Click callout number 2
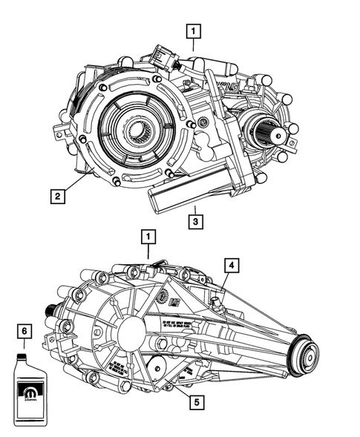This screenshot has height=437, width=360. pos(56,197)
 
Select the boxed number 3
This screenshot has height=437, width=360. pos(193,220)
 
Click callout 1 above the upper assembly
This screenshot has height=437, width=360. pos(193,31)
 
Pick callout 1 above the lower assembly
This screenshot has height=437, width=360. pos(148,237)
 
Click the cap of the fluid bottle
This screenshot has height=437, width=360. pos(25,355)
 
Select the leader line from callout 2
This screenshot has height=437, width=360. pos(75,181)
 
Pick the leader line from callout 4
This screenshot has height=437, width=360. pos(225,280)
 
